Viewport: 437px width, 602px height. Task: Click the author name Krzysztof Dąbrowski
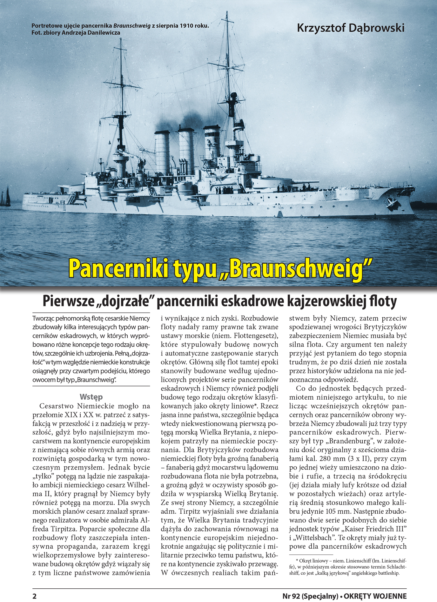coord(351,28)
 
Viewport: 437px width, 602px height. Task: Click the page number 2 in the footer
coord(35,596)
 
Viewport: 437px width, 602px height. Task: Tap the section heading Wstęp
coord(91,397)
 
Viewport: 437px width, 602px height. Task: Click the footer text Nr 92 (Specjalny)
coord(310,596)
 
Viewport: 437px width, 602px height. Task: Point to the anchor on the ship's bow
coord(391,204)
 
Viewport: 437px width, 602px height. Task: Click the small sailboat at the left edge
coord(6,197)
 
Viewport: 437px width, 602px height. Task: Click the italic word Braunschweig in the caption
coord(132,26)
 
